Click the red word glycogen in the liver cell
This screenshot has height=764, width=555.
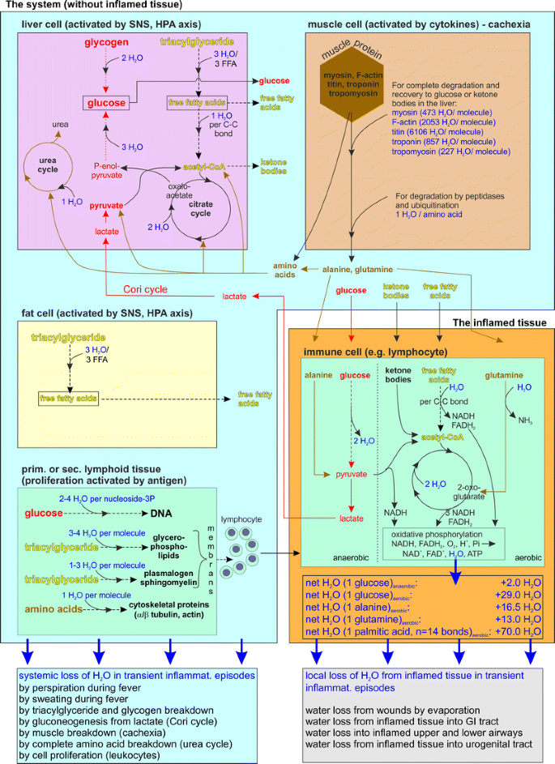pyautogui.click(x=106, y=41)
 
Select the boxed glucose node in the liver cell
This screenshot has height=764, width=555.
pyautogui.click(x=106, y=103)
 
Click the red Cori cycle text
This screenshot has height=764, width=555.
pyautogui.click(x=146, y=288)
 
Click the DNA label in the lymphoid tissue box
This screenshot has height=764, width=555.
pyautogui.click(x=160, y=513)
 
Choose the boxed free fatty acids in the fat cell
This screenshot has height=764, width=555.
pyautogui.click(x=67, y=399)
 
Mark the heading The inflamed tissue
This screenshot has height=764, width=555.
pyautogui.click(x=497, y=322)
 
